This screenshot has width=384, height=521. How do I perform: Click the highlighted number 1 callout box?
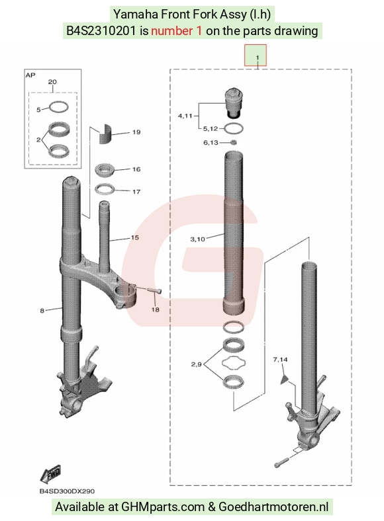click(256, 55)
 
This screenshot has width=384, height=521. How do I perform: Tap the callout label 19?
click(136, 132)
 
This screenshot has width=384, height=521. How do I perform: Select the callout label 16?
click(136, 169)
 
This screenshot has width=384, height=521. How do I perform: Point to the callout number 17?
click(136, 192)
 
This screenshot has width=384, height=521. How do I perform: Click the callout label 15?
click(135, 237)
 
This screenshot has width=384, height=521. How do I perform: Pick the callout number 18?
click(156, 309)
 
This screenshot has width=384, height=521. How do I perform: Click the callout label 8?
click(42, 311)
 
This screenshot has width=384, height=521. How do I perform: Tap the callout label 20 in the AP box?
click(52, 82)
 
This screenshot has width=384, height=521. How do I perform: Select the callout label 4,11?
click(185, 116)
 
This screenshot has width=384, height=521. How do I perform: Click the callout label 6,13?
click(211, 143)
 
